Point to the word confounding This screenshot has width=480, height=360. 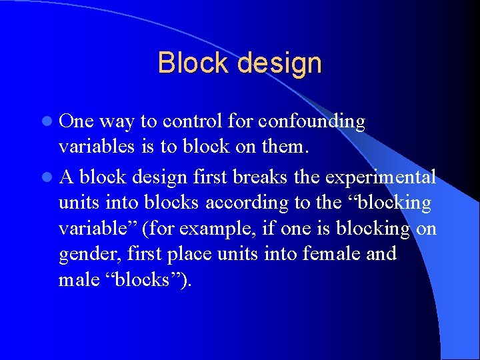(311, 121)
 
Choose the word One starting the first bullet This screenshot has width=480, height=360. (77, 121)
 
